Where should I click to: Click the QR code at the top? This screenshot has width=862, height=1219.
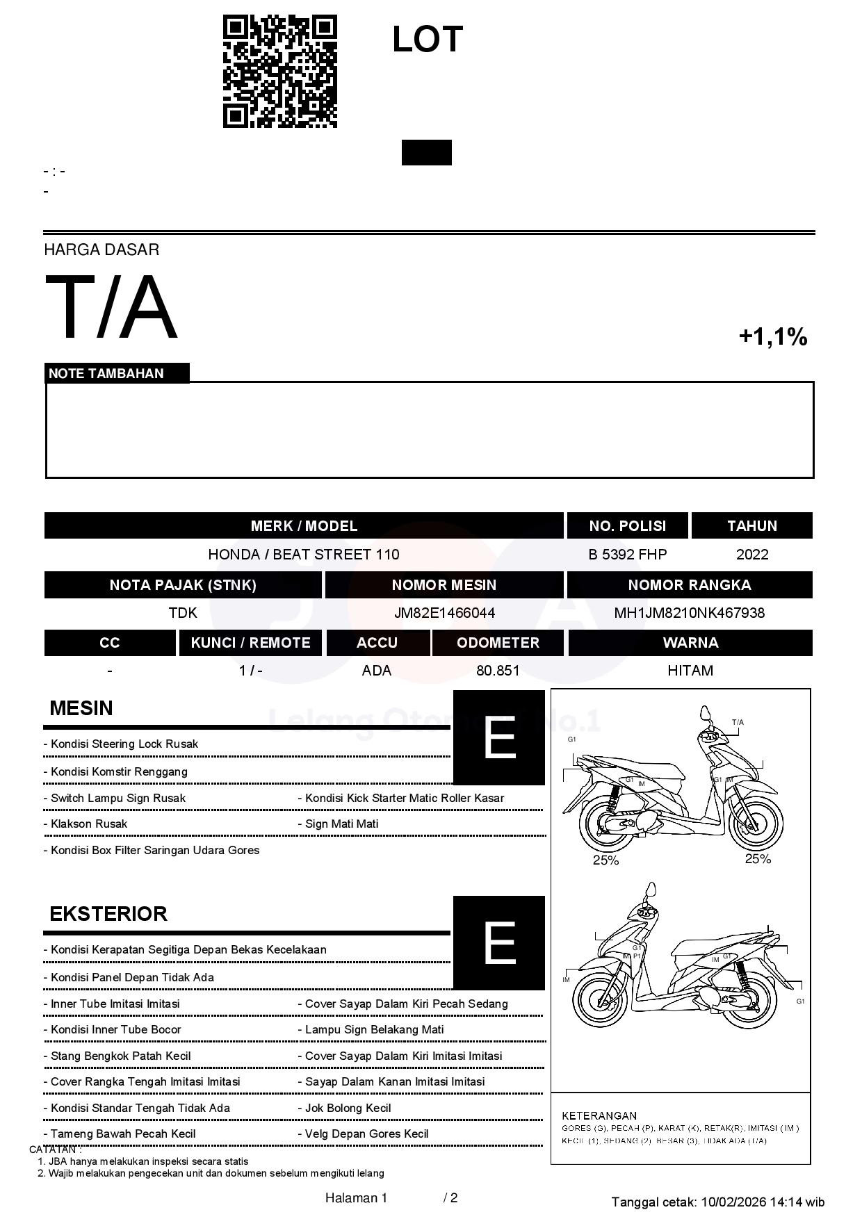coord(279,72)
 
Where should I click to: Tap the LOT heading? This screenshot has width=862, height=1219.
coord(428,39)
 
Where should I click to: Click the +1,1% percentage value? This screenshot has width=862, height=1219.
coord(772,337)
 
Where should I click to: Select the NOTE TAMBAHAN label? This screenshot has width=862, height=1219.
coord(106,373)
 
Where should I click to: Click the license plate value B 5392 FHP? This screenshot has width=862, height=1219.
coord(627,555)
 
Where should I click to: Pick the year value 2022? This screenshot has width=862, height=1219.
coord(752,555)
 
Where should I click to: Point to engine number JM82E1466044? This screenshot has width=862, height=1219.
coord(444,613)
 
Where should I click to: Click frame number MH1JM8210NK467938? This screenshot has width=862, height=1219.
coord(689,613)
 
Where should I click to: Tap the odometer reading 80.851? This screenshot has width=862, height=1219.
coord(498,671)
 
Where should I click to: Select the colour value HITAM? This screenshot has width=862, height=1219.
coord(690,671)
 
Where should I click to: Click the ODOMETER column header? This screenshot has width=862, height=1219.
coord(498,643)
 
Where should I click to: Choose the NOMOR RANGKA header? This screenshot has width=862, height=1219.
coord(689,585)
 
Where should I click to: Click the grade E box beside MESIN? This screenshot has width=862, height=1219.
coord(499,737)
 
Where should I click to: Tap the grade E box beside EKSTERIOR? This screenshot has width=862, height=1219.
coord(499,942)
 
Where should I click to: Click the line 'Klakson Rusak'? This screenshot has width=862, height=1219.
coord(89,824)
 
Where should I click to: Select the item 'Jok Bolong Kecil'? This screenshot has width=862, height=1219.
coord(348,1108)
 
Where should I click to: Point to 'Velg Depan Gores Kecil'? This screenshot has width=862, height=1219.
coord(366,1134)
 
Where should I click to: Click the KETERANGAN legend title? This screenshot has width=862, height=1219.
coord(599,1115)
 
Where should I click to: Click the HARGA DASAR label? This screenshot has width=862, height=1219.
coord(101,249)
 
